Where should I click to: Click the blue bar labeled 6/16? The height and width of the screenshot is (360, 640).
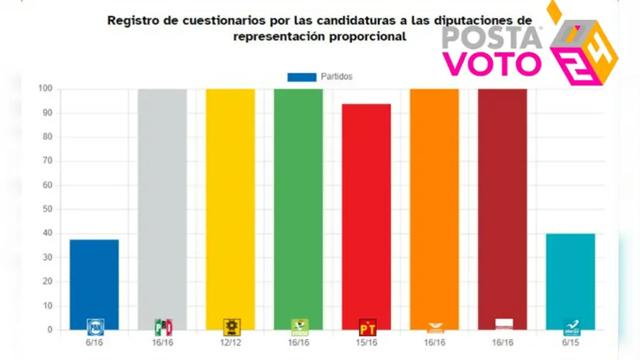(94, 284)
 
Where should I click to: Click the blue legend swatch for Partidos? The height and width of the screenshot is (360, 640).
(302, 77)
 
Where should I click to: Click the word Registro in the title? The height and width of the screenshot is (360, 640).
(133, 19)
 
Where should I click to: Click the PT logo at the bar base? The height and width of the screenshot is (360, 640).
(366, 326)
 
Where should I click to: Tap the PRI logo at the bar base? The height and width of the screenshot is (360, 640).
(162, 326)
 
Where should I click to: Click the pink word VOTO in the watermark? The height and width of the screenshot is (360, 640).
(493, 63)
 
